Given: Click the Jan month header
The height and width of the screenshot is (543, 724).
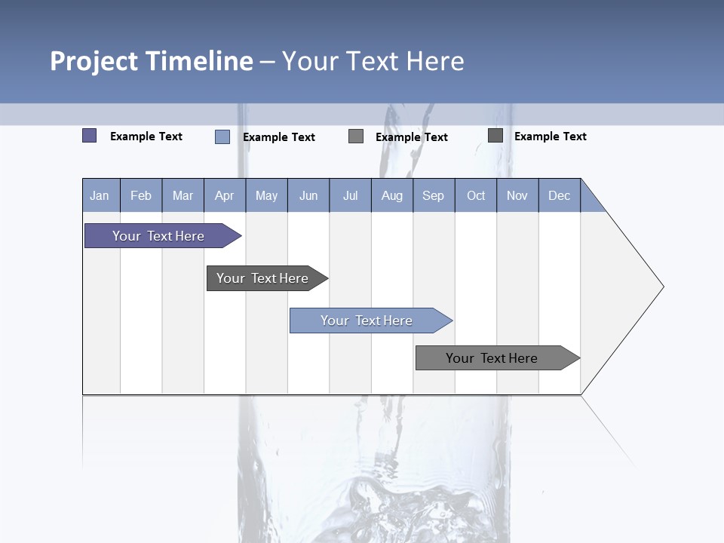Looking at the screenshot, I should (100, 195).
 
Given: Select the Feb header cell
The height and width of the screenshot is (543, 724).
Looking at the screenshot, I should (141, 195).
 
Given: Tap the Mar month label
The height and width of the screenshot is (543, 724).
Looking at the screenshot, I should (183, 195).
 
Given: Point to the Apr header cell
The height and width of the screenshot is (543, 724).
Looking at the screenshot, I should (225, 195).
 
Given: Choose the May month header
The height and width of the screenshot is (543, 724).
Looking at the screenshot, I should (266, 195).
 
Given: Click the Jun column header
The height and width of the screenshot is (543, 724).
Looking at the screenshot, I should (308, 195).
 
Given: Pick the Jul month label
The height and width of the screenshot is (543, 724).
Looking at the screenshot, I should (350, 195).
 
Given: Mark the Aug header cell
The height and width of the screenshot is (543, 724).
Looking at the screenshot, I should (392, 195).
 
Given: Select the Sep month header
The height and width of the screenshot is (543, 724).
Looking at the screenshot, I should (434, 195).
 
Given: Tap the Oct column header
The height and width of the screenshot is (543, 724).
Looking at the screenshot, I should (476, 195).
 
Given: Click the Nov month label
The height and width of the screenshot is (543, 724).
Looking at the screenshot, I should (517, 195).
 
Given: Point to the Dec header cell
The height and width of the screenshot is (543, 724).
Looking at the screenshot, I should (560, 195).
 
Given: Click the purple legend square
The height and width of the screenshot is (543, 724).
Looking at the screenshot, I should (90, 136).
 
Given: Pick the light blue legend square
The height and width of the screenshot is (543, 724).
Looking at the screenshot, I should (222, 137).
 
